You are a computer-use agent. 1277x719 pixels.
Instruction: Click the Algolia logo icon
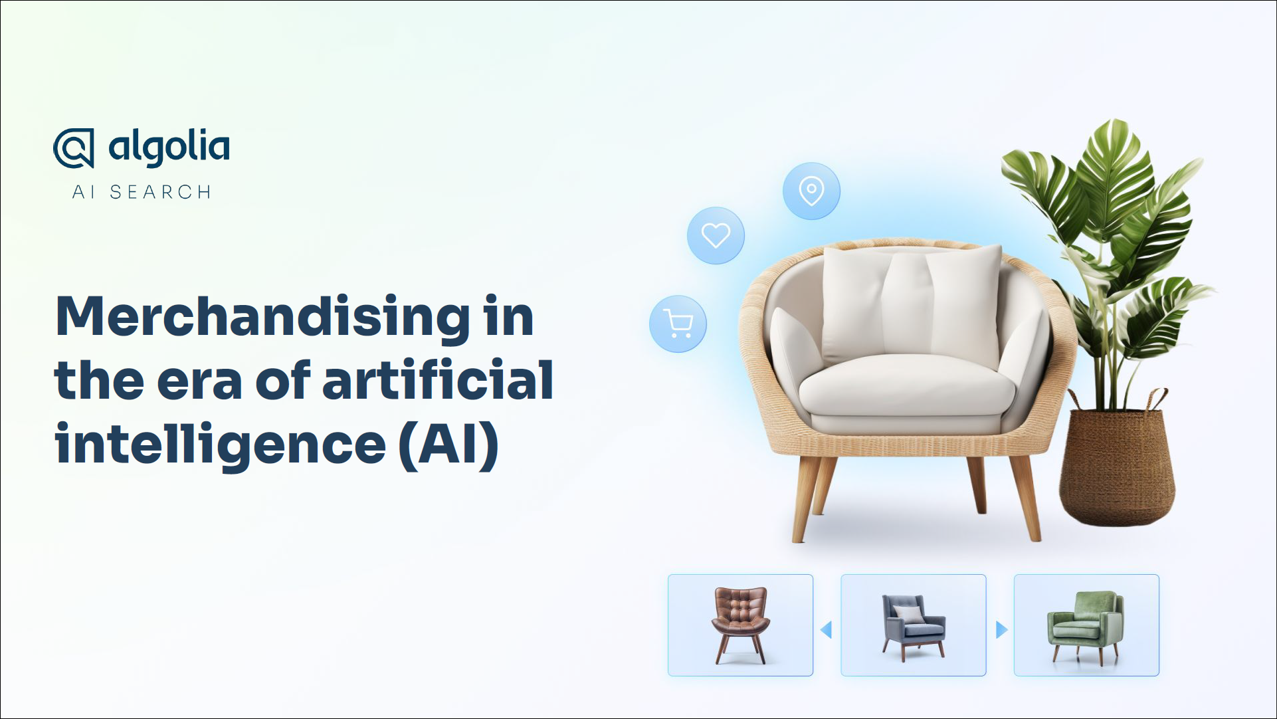74,148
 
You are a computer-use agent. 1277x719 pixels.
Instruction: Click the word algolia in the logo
169,148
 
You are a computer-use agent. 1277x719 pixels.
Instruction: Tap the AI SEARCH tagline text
142,192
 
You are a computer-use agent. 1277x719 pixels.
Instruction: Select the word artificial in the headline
438,379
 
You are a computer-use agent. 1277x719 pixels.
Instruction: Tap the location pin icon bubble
811,191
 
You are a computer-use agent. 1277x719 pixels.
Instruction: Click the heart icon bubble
716,235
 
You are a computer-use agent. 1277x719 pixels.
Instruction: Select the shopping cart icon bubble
678,324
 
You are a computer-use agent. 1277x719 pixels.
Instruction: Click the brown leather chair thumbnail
740,625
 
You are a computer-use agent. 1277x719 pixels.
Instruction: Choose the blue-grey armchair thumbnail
914,625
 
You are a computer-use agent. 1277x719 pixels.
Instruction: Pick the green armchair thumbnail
1086,625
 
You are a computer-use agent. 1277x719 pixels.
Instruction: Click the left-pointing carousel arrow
827,629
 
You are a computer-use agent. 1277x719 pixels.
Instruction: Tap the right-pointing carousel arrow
1002,629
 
